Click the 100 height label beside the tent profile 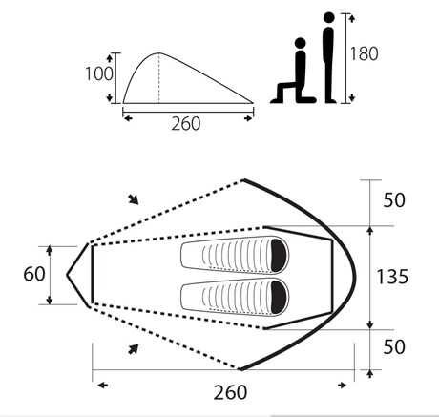click(x=99, y=73)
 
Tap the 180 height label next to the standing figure click(x=365, y=53)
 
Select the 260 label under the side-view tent click(x=186, y=124)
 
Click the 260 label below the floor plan click(x=230, y=392)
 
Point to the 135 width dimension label click(x=392, y=277)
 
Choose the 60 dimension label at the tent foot click(x=34, y=274)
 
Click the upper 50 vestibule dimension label click(x=394, y=200)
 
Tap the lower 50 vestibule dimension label click(x=394, y=346)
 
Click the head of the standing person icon click(x=329, y=17)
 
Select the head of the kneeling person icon click(x=301, y=43)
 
